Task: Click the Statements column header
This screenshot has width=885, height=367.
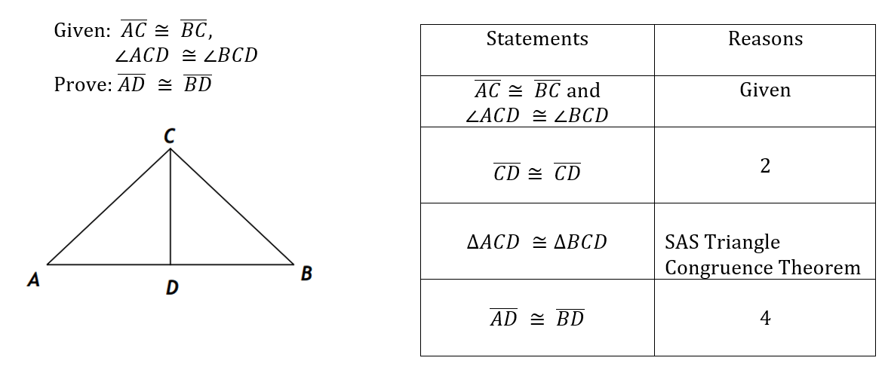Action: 536,39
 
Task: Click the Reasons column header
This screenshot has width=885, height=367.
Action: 764,39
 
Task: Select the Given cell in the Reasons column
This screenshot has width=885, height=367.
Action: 764,90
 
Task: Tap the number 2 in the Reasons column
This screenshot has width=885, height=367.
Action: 764,167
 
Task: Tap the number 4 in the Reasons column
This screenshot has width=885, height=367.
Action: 764,319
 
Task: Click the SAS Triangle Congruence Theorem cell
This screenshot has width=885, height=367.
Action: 762,255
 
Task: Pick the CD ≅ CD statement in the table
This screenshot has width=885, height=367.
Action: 536,173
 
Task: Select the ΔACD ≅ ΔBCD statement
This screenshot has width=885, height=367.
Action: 536,243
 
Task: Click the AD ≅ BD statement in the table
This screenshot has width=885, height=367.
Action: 536,319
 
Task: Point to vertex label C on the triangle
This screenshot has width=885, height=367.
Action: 170,136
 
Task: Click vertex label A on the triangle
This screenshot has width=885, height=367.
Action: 33,280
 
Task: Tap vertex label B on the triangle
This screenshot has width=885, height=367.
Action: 306,274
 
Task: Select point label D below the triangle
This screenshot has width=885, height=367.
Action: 171,287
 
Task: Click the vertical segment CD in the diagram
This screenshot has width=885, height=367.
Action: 171,211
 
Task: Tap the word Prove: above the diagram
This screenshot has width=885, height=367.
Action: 82,84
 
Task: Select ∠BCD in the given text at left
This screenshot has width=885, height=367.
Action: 228,56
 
